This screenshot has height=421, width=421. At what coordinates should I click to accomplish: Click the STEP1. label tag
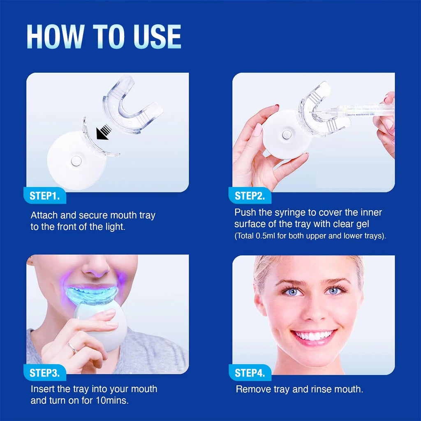pyautogui.click(x=45, y=196)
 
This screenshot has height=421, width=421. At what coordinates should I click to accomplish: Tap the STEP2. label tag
pyautogui.click(x=250, y=196)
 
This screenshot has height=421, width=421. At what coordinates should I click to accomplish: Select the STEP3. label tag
pyautogui.click(x=45, y=373)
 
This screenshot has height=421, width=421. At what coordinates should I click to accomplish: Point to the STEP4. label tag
pyautogui.click(x=250, y=373)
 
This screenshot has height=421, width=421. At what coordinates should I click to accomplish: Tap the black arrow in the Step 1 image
pyautogui.click(x=103, y=132)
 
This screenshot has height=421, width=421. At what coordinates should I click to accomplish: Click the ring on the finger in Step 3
pyautogui.click(x=73, y=349)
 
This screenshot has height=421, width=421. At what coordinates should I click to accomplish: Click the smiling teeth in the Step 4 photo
pyautogui.click(x=314, y=336)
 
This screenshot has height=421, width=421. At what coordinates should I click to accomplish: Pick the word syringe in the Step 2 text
pyautogui.click(x=296, y=213)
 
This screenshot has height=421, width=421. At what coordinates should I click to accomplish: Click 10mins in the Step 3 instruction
pyautogui.click(x=116, y=400)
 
